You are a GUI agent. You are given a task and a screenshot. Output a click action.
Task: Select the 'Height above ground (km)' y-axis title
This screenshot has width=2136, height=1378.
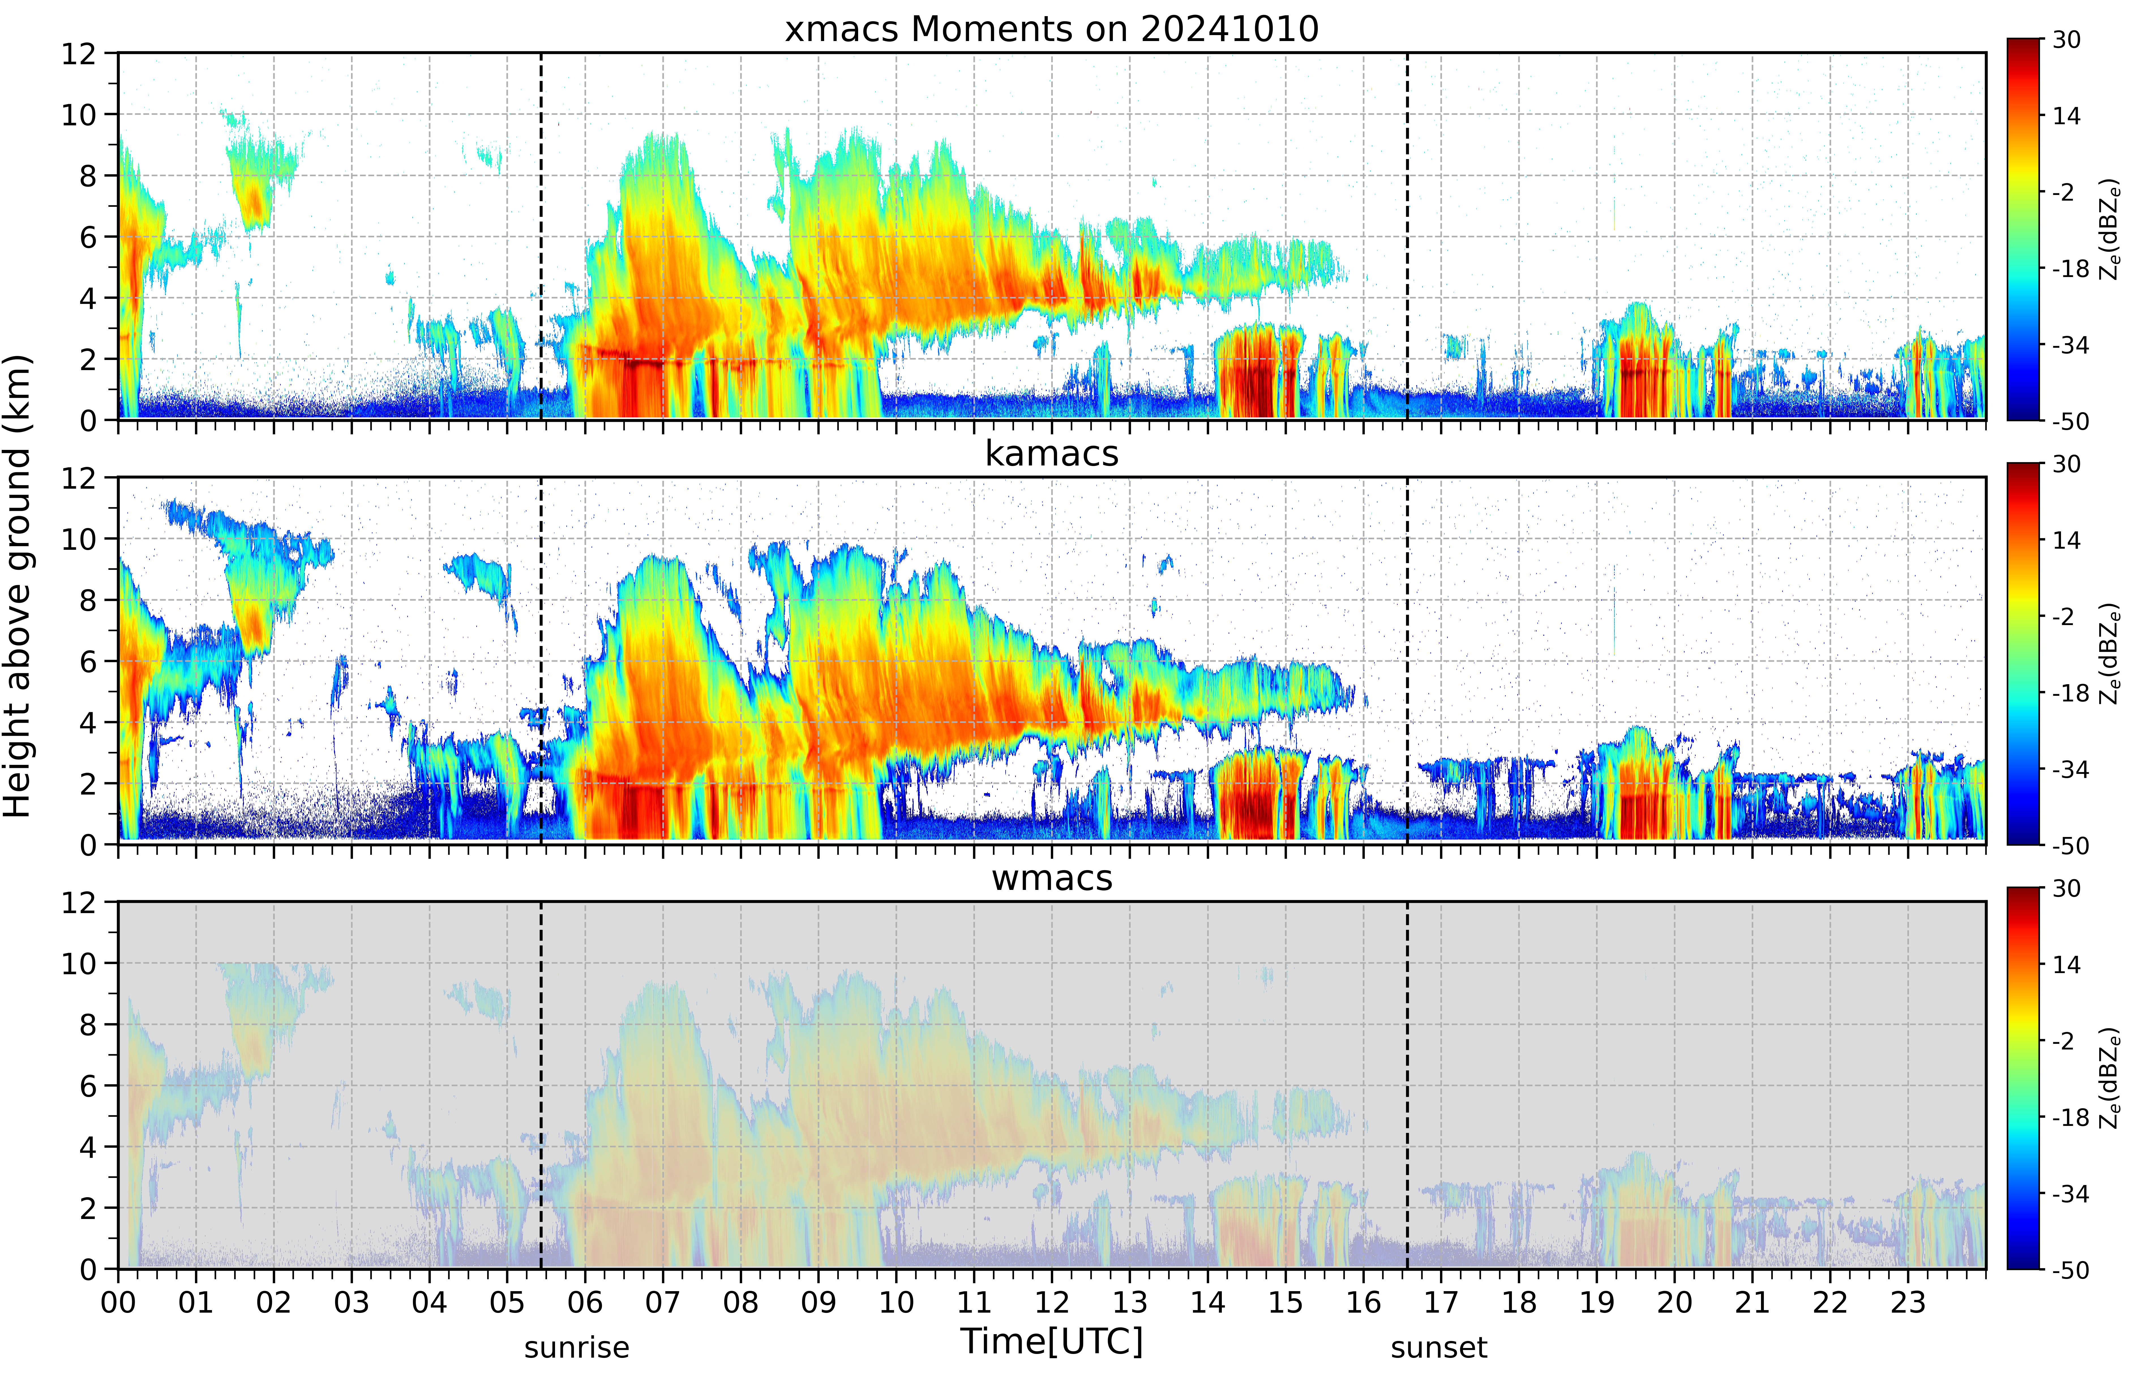pos(18,586)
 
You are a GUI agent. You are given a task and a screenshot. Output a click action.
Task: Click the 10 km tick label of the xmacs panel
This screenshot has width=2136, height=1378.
pos(79,115)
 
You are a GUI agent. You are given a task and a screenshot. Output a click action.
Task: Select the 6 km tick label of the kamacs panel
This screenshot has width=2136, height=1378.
pos(88,662)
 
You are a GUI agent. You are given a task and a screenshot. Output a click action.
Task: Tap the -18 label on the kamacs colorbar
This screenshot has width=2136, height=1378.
pos(2071,694)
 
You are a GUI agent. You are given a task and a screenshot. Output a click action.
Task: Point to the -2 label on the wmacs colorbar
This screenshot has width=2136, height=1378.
pos(2064,1042)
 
